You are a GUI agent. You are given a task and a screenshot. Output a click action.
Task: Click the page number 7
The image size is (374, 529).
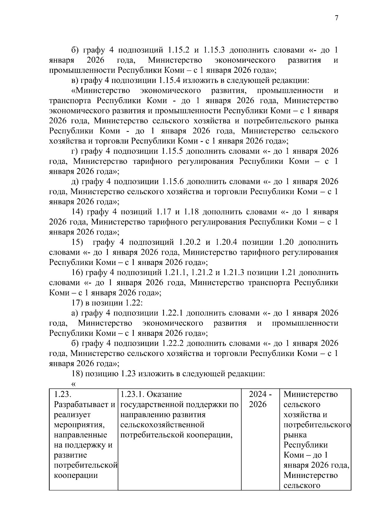point(336,18)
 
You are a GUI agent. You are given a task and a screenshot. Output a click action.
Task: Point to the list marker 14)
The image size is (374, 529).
point(78,212)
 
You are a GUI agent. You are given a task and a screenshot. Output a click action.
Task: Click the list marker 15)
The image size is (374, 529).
point(78,242)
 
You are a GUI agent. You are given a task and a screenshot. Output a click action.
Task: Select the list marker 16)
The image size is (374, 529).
point(78,272)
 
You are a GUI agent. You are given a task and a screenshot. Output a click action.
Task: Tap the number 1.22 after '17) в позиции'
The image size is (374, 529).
point(134,303)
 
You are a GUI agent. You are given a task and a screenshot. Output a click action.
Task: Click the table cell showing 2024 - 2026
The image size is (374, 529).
point(260,399)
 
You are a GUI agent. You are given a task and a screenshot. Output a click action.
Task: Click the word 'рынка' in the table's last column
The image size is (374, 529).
point(295,435)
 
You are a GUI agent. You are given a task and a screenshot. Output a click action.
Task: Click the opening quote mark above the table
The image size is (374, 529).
point(74,384)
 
